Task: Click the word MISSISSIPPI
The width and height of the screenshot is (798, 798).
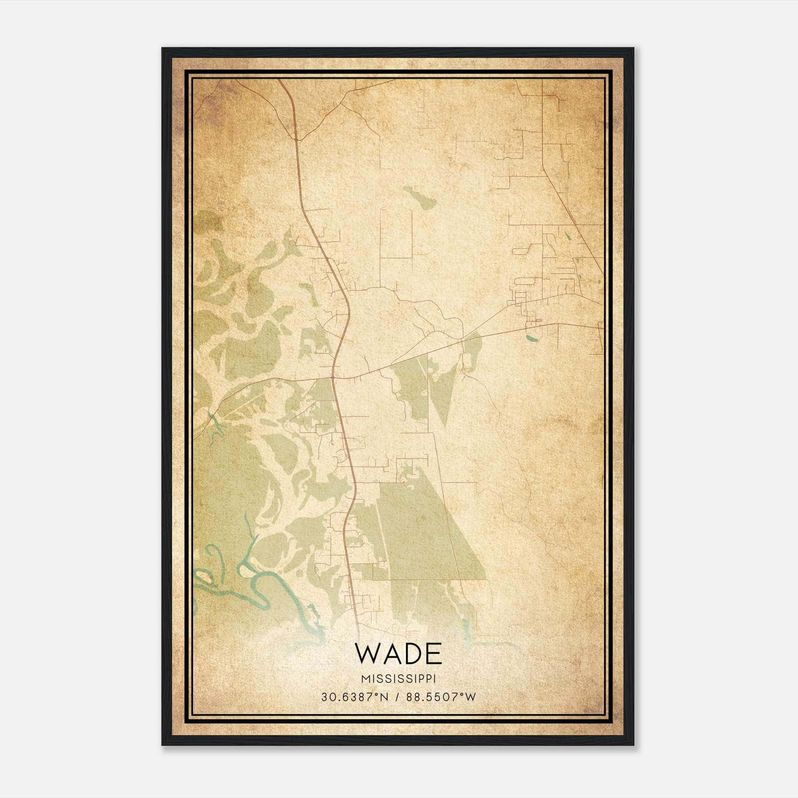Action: click(x=399, y=679)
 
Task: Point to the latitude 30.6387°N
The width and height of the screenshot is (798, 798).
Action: click(x=355, y=697)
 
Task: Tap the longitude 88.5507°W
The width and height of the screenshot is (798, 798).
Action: click(x=441, y=697)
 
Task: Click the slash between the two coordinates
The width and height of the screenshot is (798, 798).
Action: click(x=398, y=697)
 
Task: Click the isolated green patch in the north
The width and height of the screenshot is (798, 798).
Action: click(x=420, y=198)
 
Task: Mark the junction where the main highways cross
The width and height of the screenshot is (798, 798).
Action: click(x=334, y=378)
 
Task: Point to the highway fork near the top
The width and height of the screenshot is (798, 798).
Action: click(x=298, y=138)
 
